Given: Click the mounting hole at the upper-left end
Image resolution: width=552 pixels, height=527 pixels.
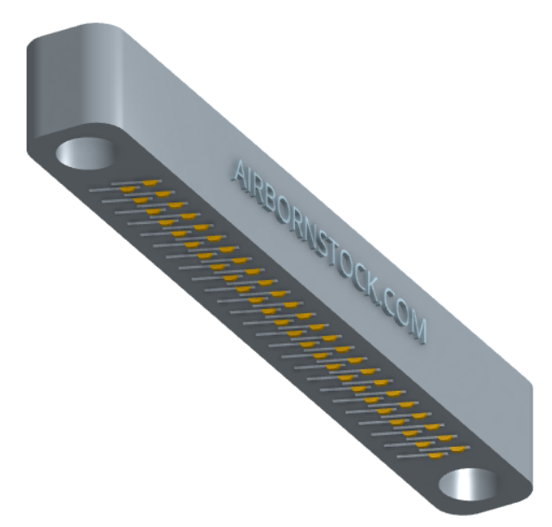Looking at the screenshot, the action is click(85, 153).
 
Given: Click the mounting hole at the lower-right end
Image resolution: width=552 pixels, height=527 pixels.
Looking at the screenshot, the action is click(468, 484).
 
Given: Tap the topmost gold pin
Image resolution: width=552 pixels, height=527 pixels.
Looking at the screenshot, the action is click(149, 183).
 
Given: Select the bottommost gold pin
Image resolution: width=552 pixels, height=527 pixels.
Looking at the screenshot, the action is click(435, 456).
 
